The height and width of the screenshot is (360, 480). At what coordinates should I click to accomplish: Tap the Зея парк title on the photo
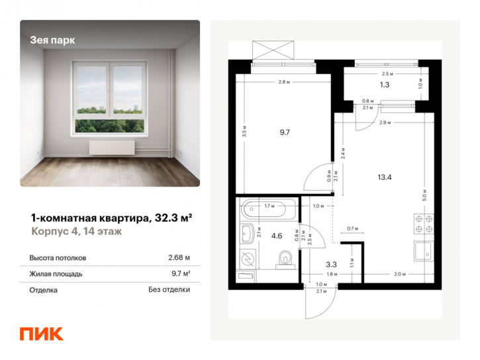[x=53, y=39]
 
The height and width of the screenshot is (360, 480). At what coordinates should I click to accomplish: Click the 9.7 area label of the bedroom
[x=285, y=132]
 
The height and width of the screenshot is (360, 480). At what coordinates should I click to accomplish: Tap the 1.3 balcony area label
[x=383, y=84]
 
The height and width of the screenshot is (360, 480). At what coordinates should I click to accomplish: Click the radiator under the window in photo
[x=112, y=148]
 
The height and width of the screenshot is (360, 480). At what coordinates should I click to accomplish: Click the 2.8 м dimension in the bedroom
[x=285, y=83]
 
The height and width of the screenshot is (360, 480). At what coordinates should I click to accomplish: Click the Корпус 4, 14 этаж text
[x=75, y=231]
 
